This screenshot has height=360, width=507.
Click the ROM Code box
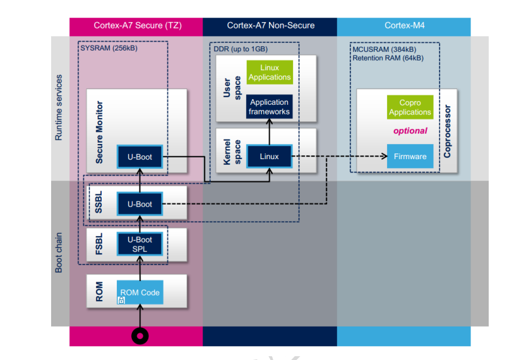[140, 292]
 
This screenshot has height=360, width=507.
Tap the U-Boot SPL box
[140, 244]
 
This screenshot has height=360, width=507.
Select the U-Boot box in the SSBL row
[140, 204]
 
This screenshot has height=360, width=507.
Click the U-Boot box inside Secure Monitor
[140, 157]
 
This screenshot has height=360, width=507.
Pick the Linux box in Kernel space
[270, 156]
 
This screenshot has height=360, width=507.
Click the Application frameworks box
[270, 107]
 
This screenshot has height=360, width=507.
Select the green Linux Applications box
[270, 73]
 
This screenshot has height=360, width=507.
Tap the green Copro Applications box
[410, 107]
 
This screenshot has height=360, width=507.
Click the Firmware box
[410, 156]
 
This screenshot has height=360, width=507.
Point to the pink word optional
[410, 131]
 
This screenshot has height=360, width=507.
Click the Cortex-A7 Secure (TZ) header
[138, 25]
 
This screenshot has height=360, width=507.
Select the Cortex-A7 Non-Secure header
[271, 25]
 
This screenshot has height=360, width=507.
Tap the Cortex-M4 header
[405, 25]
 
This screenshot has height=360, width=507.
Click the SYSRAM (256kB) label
[109, 48]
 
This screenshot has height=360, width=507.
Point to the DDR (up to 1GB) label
[241, 49]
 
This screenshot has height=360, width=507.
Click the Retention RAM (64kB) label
[388, 58]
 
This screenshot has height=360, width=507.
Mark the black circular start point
[140, 336]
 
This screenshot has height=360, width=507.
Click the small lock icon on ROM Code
[121, 301]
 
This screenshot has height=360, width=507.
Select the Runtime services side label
[59, 108]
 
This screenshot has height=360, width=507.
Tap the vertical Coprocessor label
[448, 131]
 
